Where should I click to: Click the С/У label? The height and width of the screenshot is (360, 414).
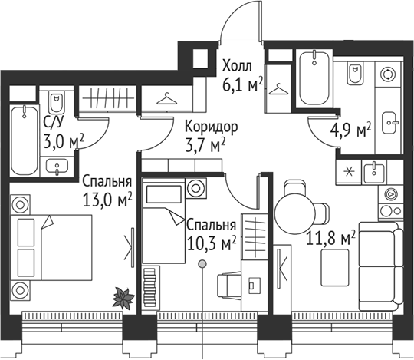coord(54,121)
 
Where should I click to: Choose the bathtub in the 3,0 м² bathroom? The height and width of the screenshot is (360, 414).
coord(25,139)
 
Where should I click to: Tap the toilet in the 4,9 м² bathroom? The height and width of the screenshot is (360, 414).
coord(356,74)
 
